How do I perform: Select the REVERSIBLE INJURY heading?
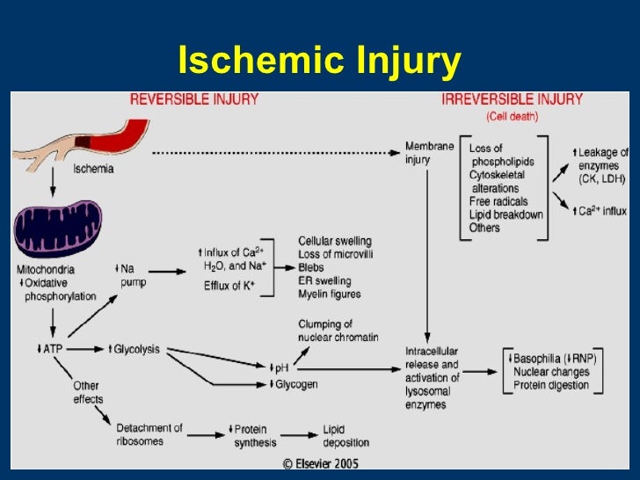[x=194, y=99]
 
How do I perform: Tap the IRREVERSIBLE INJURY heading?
[x=512, y=99]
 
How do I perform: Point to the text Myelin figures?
[x=330, y=294]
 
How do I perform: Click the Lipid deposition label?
[x=345, y=435]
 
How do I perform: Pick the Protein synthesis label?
[x=257, y=435]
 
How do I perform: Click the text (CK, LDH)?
[x=601, y=180]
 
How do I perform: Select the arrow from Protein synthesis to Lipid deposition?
[x=302, y=435]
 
